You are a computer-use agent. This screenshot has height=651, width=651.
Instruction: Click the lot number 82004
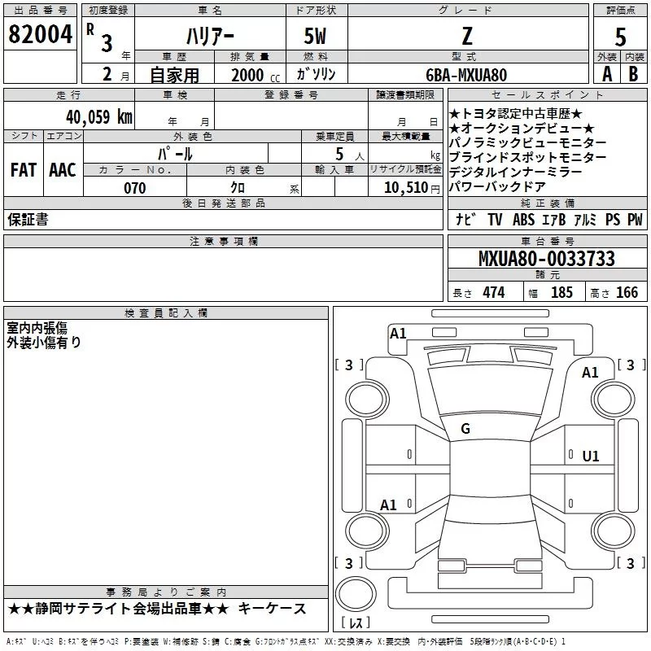(x=39, y=35)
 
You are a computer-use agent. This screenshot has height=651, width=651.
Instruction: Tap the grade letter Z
(x=466, y=35)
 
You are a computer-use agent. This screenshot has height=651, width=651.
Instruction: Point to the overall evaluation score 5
(x=621, y=37)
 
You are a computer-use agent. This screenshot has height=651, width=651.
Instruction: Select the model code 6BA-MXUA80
(x=466, y=75)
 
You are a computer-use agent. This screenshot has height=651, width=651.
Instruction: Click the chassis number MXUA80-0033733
(x=546, y=260)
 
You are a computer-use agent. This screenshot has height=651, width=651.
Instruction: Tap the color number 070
(x=135, y=189)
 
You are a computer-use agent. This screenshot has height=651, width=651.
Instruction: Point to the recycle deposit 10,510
(x=404, y=189)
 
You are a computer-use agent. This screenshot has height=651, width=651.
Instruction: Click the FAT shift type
(x=23, y=170)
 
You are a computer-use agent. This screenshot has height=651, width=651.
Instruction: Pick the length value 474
(x=494, y=292)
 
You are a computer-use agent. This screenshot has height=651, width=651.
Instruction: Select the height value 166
(x=627, y=292)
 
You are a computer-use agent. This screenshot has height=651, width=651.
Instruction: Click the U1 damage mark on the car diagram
(x=591, y=457)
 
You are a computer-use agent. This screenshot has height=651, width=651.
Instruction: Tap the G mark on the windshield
(x=465, y=429)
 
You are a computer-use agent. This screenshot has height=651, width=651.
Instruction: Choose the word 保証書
(x=28, y=220)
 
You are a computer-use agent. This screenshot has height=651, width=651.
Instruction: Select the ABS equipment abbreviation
(x=524, y=220)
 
